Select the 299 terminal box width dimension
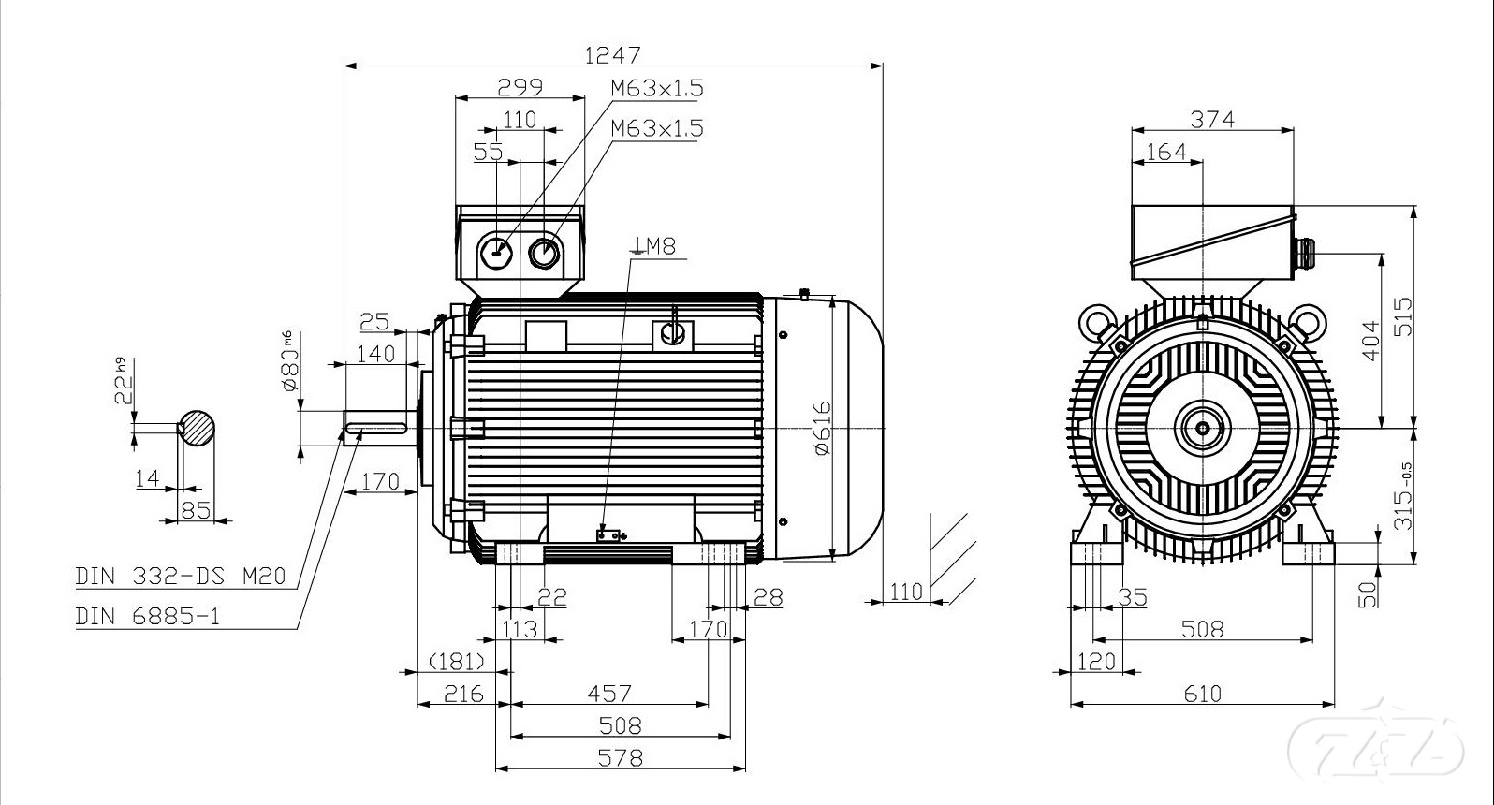[x=520, y=87]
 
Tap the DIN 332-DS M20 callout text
[x=180, y=576]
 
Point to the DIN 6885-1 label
[x=149, y=616]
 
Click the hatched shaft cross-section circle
[x=198, y=428]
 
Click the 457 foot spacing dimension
[x=609, y=694]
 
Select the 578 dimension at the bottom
[x=620, y=756]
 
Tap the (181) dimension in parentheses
[x=457, y=662]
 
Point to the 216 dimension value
[x=462, y=694]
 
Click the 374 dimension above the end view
[x=1212, y=120]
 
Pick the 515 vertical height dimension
[x=1402, y=316]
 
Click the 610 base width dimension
[x=1202, y=694]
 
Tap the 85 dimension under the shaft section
[x=195, y=511]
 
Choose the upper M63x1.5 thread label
[x=656, y=88]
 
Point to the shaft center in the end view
[x=1202, y=428]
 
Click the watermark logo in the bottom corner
[x=1375, y=747]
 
